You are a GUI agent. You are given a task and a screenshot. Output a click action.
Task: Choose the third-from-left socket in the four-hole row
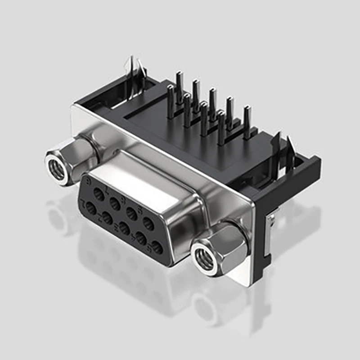point(132,213)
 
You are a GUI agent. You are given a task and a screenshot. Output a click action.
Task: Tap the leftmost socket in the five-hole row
point(91,208)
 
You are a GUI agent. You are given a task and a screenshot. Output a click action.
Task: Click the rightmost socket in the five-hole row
point(157,247)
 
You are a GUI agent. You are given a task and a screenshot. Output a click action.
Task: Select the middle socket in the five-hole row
point(124,228)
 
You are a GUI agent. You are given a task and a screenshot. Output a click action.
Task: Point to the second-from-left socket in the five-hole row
point(108,218)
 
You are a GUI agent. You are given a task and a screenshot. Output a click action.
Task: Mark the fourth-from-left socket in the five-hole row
point(141,238)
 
